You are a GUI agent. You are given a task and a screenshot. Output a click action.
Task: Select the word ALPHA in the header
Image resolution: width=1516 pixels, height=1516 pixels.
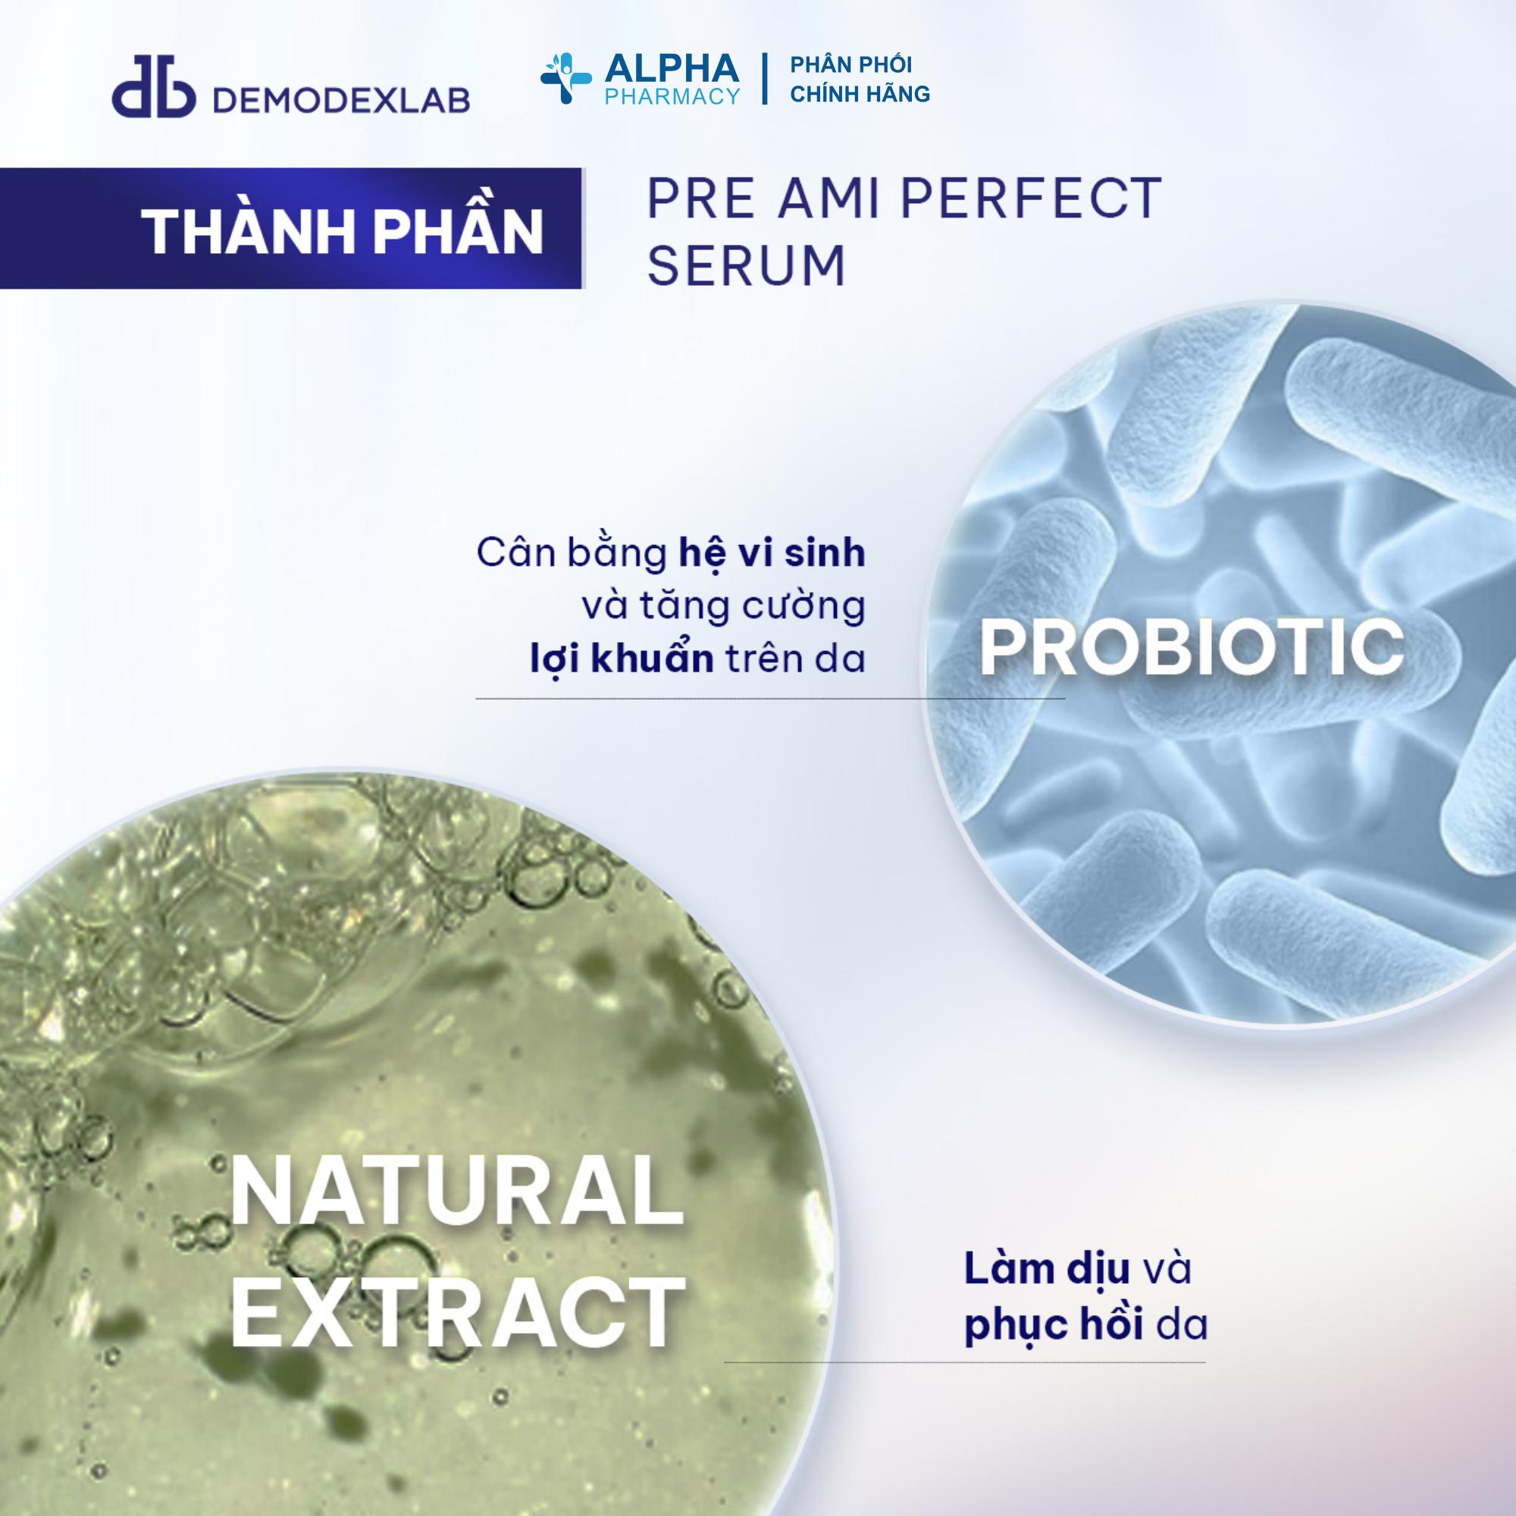click(x=672, y=69)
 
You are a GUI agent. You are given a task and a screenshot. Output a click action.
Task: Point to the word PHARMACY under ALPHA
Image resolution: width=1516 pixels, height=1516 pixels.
click(x=672, y=96)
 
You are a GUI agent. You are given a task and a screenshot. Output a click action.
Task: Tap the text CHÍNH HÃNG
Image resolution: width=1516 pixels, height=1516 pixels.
click(x=860, y=94)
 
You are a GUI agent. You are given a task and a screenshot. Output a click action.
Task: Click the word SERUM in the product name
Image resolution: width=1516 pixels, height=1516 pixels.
click(x=747, y=265)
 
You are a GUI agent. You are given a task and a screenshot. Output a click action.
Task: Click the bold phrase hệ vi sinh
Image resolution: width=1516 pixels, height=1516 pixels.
click(x=772, y=553)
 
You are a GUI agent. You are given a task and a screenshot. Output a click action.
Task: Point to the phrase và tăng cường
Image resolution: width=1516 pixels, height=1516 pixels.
click(x=722, y=606)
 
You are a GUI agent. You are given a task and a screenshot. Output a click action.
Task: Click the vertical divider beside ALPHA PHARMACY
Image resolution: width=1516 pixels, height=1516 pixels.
click(x=764, y=80)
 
